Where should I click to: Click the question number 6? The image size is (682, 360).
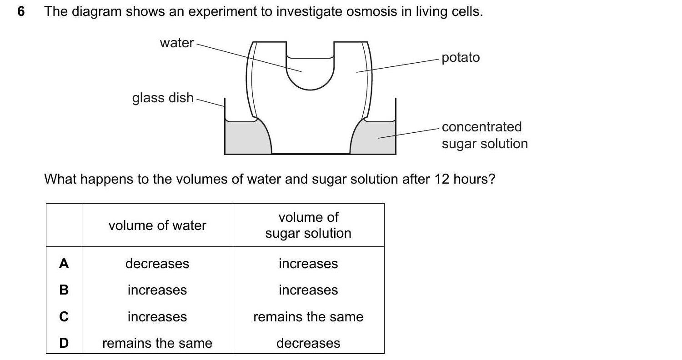click(x=20, y=12)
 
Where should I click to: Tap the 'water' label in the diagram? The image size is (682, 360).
click(x=176, y=43)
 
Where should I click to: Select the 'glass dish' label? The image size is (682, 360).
click(x=163, y=98)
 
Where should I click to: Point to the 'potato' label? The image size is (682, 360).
click(x=460, y=58)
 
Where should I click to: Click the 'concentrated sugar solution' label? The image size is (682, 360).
click(x=484, y=135)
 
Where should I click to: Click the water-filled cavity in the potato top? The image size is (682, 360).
click(x=310, y=73)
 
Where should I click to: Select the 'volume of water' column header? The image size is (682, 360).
click(x=157, y=225)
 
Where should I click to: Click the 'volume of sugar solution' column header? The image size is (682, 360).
click(x=308, y=225)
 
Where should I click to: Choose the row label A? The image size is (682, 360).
click(x=64, y=264)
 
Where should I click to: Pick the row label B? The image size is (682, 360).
click(x=64, y=290)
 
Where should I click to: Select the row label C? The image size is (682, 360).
click(x=64, y=317)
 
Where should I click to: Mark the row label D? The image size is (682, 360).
click(x=64, y=343)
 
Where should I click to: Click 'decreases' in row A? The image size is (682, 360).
click(x=157, y=264)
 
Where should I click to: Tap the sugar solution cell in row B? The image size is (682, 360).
click(x=308, y=290)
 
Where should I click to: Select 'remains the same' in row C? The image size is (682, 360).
click(x=308, y=317)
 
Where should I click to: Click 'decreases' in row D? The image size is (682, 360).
click(x=308, y=343)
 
